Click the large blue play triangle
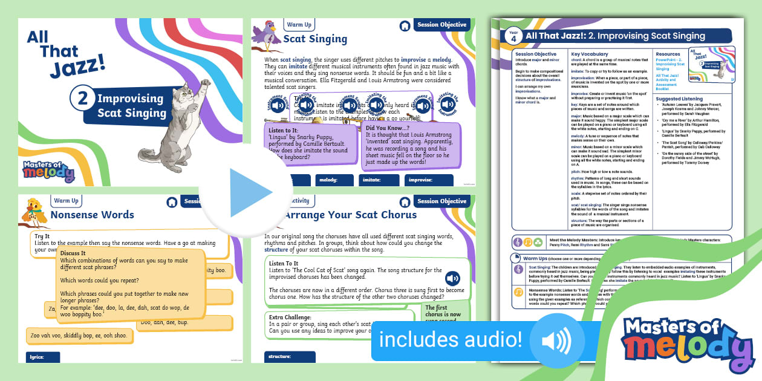tap(249, 193)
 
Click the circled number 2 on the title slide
tap(82, 100)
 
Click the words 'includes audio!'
tap(451, 340)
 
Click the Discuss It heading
tap(73, 253)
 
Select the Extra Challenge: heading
tap(291, 317)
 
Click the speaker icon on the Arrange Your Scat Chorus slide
tap(453, 279)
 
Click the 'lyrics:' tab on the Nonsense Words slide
tap(38, 357)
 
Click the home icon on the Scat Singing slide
tap(405, 26)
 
